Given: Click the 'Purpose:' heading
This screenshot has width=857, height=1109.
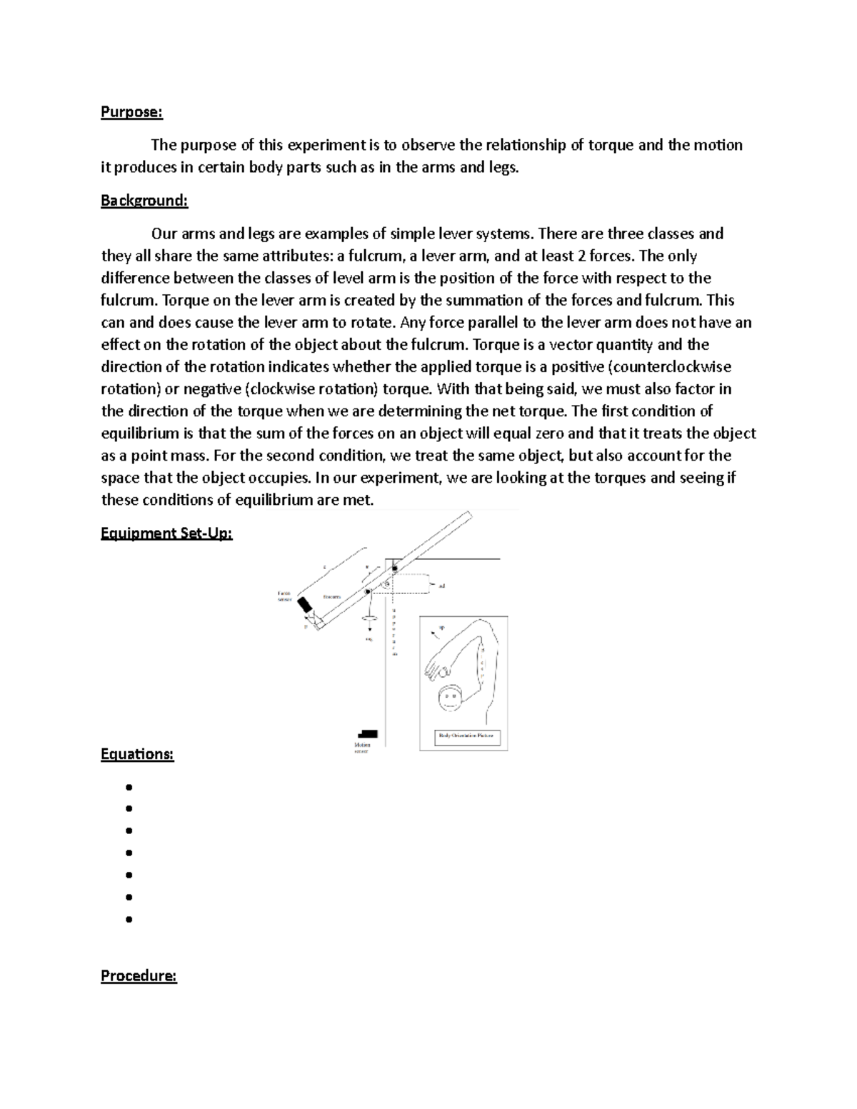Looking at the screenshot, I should (131, 112).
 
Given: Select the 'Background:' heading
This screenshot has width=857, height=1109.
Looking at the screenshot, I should (144, 201).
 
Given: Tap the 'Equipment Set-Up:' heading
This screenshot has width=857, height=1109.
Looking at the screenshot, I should (166, 533).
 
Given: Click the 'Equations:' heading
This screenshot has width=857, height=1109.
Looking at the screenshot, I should (137, 754).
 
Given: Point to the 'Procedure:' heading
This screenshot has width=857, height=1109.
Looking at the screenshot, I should (139, 975).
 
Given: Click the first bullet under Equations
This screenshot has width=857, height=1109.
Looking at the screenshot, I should (129, 787).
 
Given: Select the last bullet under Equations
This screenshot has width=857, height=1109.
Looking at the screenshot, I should (129, 920).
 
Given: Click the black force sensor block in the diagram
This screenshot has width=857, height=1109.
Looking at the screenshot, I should (306, 605).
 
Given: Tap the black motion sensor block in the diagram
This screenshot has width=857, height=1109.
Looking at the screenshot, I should (368, 733).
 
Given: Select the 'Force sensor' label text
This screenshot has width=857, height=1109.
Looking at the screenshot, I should (284, 596).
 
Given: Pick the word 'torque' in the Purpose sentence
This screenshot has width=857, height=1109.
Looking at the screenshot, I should (611, 145).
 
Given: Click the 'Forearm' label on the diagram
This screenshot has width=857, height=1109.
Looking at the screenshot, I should (331, 596).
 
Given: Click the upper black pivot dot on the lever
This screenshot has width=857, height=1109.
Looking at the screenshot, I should (394, 568).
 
